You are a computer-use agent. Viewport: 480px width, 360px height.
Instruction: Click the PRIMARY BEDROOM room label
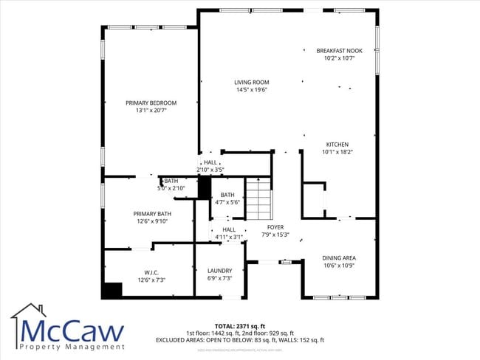click(151, 103)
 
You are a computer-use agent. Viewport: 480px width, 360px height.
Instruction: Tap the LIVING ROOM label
click(251, 82)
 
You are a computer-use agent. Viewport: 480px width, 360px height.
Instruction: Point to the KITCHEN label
click(337, 144)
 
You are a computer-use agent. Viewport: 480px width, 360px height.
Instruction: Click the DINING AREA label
click(339, 257)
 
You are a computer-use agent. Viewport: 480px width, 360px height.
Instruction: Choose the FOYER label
click(275, 227)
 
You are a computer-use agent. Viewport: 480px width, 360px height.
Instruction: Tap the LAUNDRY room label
click(219, 271)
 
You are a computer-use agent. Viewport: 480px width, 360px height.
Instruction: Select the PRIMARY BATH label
click(142, 213)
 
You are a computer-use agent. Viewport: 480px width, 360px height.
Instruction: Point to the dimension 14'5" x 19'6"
click(251, 90)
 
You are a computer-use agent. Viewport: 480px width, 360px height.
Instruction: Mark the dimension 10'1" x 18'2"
click(337, 152)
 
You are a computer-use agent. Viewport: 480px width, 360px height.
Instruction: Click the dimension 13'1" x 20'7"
click(151, 111)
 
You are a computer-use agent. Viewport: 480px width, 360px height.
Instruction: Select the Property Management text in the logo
click(72, 347)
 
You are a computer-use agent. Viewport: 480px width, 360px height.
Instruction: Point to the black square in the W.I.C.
click(112, 290)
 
